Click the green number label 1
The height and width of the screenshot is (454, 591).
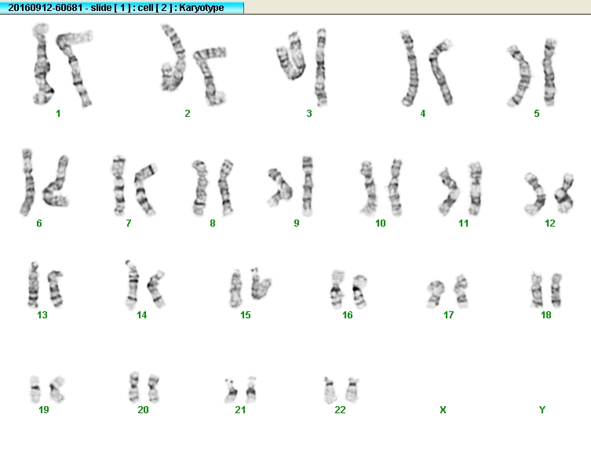58,114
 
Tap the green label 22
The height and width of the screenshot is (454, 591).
340,409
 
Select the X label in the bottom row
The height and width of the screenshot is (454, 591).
443,409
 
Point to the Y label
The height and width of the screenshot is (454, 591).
542,409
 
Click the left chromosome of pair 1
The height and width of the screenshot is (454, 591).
42,64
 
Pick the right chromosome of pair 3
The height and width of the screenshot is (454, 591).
321,67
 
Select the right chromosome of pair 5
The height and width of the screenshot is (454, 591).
549,71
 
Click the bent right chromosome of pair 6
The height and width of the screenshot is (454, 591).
57,184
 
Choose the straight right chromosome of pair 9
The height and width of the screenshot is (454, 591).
308,186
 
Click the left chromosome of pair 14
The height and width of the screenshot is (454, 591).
132,284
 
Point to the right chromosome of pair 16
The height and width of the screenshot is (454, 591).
360,291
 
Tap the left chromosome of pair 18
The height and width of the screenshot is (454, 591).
537,289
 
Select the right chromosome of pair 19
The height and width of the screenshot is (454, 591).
57,388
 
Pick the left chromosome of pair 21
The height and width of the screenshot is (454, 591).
230,390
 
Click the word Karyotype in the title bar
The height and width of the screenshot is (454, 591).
201,8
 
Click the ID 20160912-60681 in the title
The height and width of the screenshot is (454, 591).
46,8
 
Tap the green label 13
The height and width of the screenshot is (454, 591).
42,314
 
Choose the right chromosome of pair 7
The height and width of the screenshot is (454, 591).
144,189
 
